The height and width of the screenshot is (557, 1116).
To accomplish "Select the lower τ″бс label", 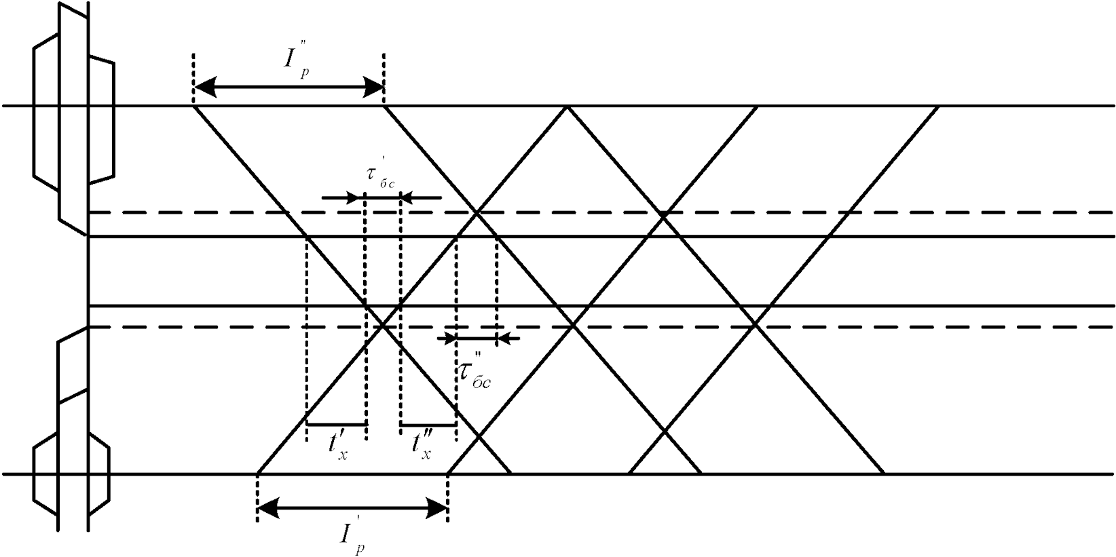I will pos(474,374).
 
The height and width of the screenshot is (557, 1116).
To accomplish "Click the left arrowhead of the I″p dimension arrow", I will pos(204,87).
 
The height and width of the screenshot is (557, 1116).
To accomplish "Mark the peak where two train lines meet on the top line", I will pos(567,107).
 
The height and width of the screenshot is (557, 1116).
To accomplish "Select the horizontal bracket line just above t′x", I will pos(337,425).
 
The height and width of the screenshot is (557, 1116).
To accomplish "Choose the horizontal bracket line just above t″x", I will pos(428,425).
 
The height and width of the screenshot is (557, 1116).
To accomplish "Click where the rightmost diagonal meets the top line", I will pos(939,107).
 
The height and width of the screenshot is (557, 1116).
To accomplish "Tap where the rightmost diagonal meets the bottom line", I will pos(883,473).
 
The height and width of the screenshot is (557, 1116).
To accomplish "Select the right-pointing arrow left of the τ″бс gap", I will pos(448,337).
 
